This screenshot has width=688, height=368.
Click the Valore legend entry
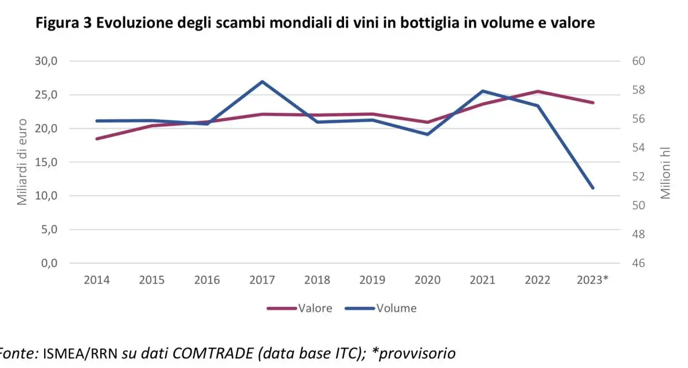pyautogui.click(x=315, y=308)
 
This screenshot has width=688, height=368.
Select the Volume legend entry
pyautogui.click(x=396, y=308)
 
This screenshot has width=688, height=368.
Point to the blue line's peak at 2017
pyautogui.click(x=262, y=81)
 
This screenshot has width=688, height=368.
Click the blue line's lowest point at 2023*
pyautogui.click(x=593, y=188)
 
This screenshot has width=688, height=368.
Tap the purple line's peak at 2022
pyautogui.click(x=538, y=91)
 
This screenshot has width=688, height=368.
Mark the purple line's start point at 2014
pyautogui.click(x=96, y=139)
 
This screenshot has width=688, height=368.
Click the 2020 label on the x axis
pyautogui.click(x=427, y=280)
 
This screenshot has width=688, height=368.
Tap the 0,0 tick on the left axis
pyautogui.click(x=45, y=264)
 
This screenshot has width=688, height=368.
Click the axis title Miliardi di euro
pyautogui.click(x=22, y=162)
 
